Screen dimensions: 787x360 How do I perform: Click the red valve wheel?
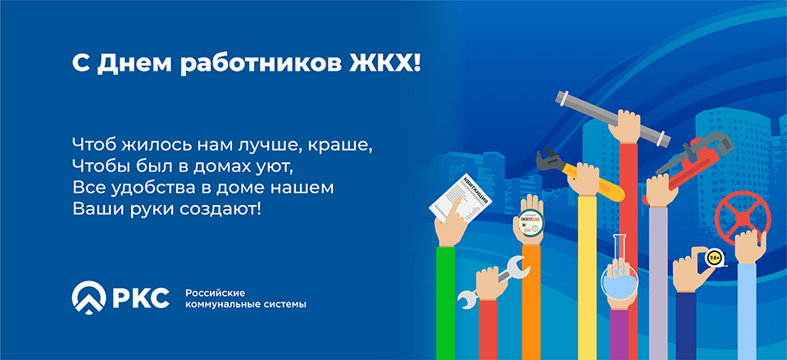pos(741,218)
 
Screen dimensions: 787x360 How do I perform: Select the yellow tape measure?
pos(712,257)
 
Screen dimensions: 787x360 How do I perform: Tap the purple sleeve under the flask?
pos(619,335)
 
